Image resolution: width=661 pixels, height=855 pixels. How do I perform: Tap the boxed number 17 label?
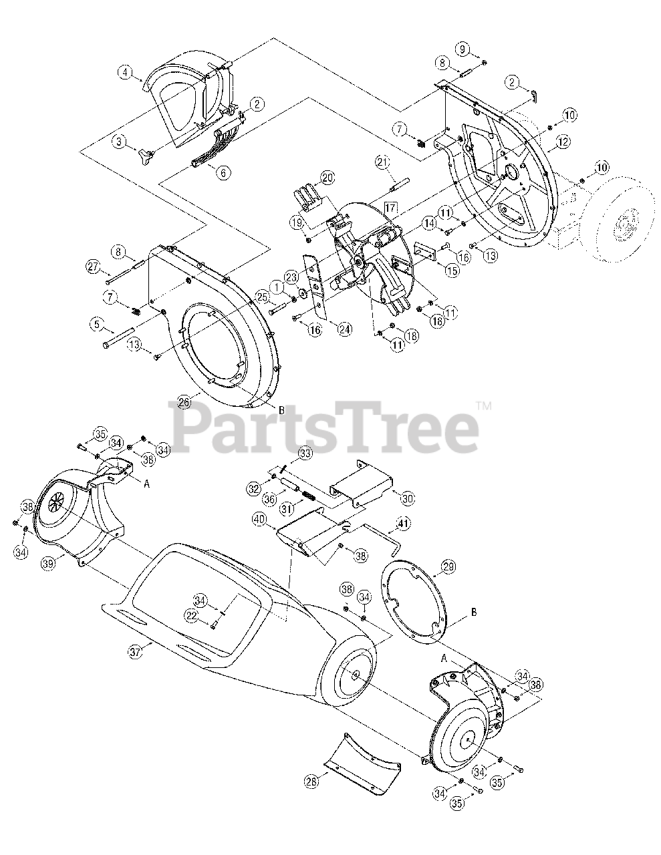coord(391,208)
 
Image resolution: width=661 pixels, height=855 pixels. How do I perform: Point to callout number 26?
coord(184,401)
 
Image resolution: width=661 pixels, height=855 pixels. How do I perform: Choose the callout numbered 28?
coord(311,780)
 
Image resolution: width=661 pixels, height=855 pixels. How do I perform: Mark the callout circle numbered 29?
coord(448,566)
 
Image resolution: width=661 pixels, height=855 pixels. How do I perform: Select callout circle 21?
coord(382,162)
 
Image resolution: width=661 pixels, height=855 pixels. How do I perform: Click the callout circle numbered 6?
coord(223,172)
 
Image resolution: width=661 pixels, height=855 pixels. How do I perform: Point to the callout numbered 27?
coord(92,267)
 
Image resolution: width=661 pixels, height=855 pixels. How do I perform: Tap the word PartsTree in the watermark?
coord(325,425)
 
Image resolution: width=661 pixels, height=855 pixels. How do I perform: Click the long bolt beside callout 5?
coord(120,338)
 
